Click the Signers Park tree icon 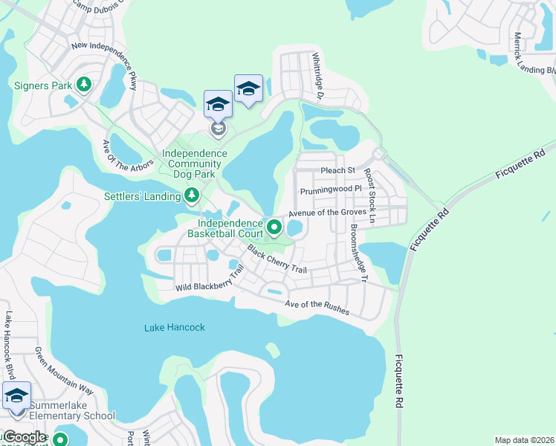point(85,85)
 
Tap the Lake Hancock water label point(175,327)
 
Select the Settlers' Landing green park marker point(192,195)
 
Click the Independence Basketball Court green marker point(274,227)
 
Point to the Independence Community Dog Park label point(194,164)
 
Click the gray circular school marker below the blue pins point(218,130)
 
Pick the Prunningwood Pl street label point(330,190)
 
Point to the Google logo point(25,437)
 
